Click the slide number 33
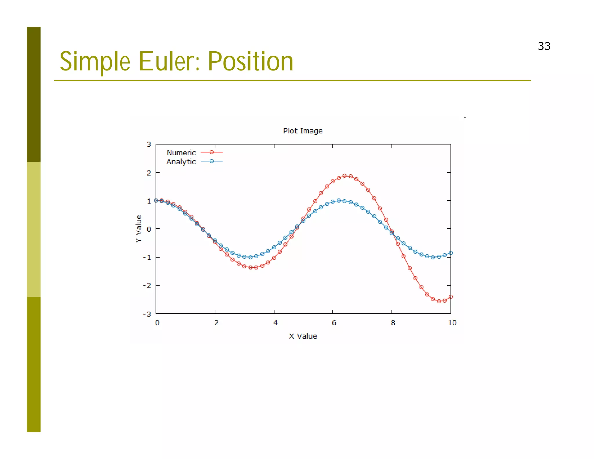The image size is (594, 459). pos(544,46)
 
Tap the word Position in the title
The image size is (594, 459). pos(251,61)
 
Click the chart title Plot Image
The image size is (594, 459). pos(303,131)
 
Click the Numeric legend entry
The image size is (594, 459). pos(182,153)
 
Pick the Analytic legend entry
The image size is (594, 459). pos(181,162)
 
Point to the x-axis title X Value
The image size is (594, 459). pos(303,336)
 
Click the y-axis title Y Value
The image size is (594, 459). pos(139,229)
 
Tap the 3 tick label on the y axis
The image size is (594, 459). pos(149,144)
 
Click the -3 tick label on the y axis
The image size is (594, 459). pos(147,314)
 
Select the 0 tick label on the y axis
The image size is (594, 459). pos(149,229)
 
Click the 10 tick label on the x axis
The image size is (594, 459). pos(452,323)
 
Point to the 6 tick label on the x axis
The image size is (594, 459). pos(334,323)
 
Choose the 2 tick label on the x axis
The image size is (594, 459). pos(216,323)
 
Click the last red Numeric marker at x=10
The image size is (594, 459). pos(451,297)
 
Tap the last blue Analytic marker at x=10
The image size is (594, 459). pos(451,253)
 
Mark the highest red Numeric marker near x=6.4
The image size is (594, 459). pos(344,176)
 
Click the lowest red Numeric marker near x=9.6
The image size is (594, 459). pos(439,301)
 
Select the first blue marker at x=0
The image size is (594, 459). pos(156,200)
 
